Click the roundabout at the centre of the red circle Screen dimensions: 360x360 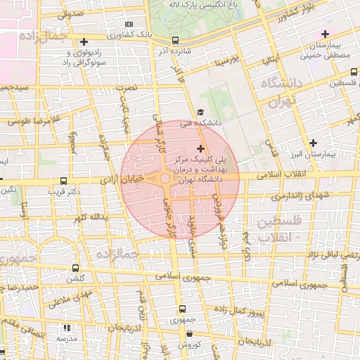(165, 179)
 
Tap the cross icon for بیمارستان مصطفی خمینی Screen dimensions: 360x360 (325, 34)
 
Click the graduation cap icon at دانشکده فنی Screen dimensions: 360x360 (200, 112)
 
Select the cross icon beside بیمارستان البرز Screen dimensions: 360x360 (313, 142)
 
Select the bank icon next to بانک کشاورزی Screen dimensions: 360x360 (129, 24)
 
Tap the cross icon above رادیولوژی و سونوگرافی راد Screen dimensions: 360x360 (84, 41)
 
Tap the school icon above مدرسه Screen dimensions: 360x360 (67, 328)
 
